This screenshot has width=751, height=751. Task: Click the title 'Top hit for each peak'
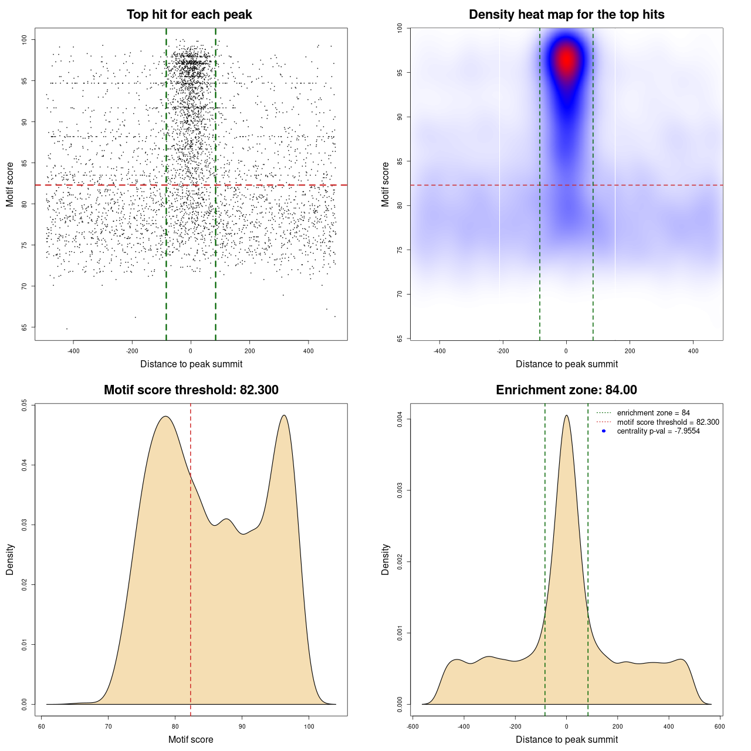tap(190, 15)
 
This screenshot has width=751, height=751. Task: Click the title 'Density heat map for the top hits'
tap(566, 15)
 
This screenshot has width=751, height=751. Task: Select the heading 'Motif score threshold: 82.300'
tap(191, 390)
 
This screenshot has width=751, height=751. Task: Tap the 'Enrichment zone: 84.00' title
tap(566, 390)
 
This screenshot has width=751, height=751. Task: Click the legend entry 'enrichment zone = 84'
tap(653, 413)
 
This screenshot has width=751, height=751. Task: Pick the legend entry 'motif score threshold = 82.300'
tap(668, 422)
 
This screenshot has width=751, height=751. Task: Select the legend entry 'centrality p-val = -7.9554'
tap(658, 431)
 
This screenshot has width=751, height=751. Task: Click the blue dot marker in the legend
tap(604, 431)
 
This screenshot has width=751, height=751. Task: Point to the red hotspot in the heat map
tap(566, 60)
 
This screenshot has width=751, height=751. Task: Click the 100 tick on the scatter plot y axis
tap(24, 40)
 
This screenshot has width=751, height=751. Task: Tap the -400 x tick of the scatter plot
tap(73, 351)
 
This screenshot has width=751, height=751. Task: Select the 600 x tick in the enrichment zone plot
tap(719, 726)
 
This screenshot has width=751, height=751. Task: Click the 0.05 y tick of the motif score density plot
tap(24, 405)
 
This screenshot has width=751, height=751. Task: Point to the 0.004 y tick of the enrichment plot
tap(400, 420)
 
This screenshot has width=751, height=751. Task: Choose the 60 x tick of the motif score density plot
tap(42, 726)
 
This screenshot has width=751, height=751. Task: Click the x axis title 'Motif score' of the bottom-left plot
tap(191, 739)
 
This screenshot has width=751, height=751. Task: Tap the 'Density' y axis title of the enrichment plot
tap(385, 559)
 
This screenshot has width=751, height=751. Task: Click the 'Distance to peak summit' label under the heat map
tap(566, 364)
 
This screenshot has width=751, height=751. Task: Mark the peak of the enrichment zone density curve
tap(566, 415)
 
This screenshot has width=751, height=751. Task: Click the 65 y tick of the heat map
tap(400, 339)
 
